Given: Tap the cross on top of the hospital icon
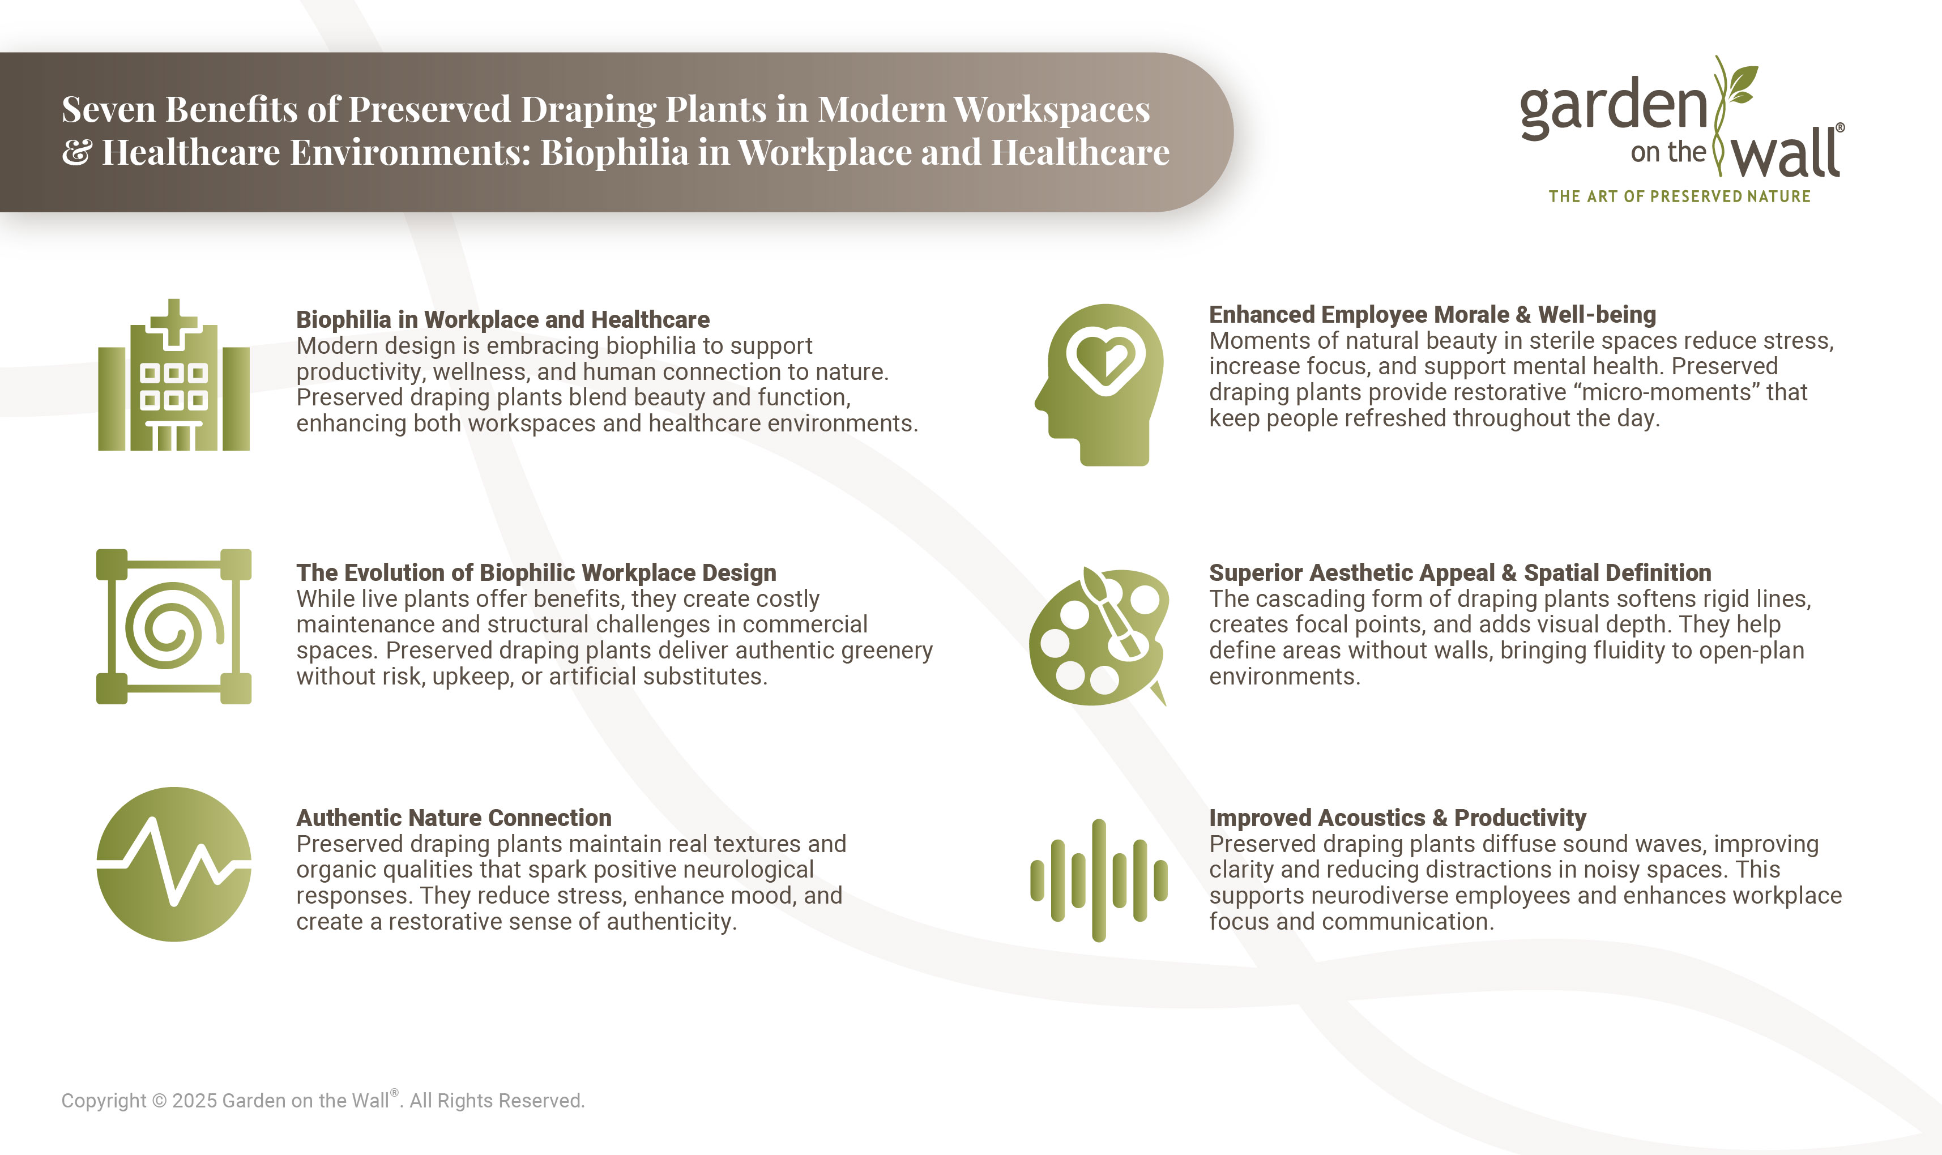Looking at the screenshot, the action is pyautogui.click(x=173, y=322).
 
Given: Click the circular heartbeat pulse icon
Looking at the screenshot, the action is pyautogui.click(x=173, y=864).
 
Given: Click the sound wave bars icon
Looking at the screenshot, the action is pyautogui.click(x=1098, y=879).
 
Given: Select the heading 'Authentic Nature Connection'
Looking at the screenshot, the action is pyautogui.click(x=454, y=818).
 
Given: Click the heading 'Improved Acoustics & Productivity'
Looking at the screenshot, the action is pyautogui.click(x=1397, y=818).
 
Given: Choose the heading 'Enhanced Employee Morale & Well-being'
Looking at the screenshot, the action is pyautogui.click(x=1432, y=314).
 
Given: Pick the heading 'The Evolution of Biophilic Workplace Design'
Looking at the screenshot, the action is pyautogui.click(x=536, y=573).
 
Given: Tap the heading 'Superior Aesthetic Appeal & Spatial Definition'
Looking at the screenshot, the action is pyautogui.click(x=1459, y=573).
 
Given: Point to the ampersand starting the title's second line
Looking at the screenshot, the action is pyautogui.click(x=76, y=152).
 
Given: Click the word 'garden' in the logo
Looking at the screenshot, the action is pyautogui.click(x=1613, y=109).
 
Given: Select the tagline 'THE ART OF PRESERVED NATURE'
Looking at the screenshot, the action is pyautogui.click(x=1679, y=196).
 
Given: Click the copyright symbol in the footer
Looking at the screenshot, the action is pyautogui.click(x=159, y=1101).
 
